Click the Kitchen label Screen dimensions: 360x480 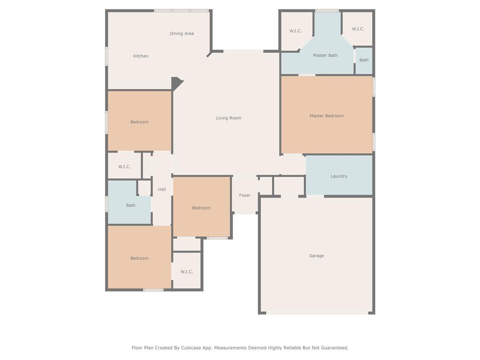tap(141, 56)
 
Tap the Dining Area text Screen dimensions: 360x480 tap(181, 34)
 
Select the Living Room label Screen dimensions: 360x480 tap(228, 118)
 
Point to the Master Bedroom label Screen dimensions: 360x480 tap(326, 116)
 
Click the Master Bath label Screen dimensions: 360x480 tap(325, 55)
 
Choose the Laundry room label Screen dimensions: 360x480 tap(338, 176)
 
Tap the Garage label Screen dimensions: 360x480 tap(316, 256)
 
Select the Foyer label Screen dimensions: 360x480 tap(245, 195)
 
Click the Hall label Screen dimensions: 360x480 tap(162, 189)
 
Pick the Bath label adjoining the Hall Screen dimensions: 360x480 tap(131, 205)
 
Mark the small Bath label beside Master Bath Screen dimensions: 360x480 tap(364, 60)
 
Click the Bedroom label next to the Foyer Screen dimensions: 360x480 tap(201, 208)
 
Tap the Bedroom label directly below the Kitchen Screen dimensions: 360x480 tap(139, 122)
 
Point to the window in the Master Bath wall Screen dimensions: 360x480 tap(327, 11)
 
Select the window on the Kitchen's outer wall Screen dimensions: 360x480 tap(106, 56)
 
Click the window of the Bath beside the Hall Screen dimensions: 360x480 tap(106, 204)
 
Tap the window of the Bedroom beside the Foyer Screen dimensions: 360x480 tap(217, 238)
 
